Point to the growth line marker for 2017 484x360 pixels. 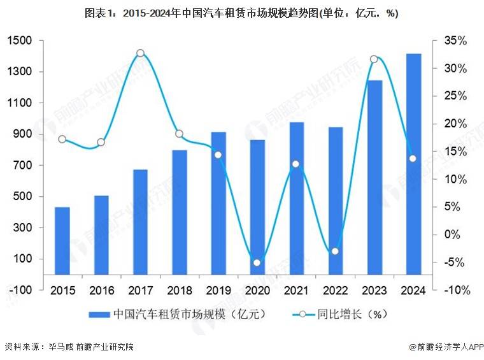coord(140,54)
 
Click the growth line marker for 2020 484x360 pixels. coord(257,263)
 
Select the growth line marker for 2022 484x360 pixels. coord(335,251)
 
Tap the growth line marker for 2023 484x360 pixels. coord(374,59)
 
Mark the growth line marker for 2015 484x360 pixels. coord(62,139)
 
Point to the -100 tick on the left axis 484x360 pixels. coord(20,290)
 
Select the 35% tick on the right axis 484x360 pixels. coord(456,41)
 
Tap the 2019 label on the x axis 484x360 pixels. coord(218,290)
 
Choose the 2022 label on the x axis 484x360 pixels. coord(335,290)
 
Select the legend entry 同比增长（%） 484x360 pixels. coord(341,313)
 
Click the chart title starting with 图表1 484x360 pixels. coord(241,13)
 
